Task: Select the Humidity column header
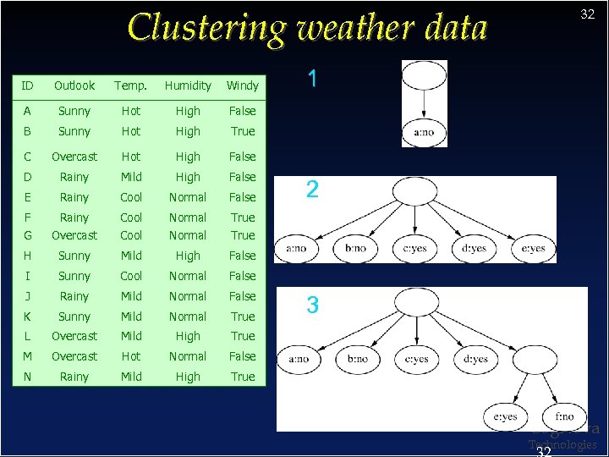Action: (188, 85)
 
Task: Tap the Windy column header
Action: (243, 85)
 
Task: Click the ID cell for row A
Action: (29, 111)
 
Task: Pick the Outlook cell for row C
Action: (74, 157)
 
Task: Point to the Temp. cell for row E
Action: (131, 197)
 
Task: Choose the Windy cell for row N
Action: (243, 377)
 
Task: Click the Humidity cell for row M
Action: (188, 356)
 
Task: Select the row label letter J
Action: (29, 296)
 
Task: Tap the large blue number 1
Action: (313, 80)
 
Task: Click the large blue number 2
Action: (312, 190)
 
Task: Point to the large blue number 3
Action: (312, 306)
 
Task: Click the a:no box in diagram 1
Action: (425, 132)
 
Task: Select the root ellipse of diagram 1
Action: (425, 75)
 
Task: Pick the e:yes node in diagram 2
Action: (533, 249)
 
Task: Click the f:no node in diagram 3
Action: (564, 416)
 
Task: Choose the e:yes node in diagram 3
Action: (505, 416)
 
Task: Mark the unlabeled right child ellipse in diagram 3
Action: (535, 359)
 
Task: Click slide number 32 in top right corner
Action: (587, 14)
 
